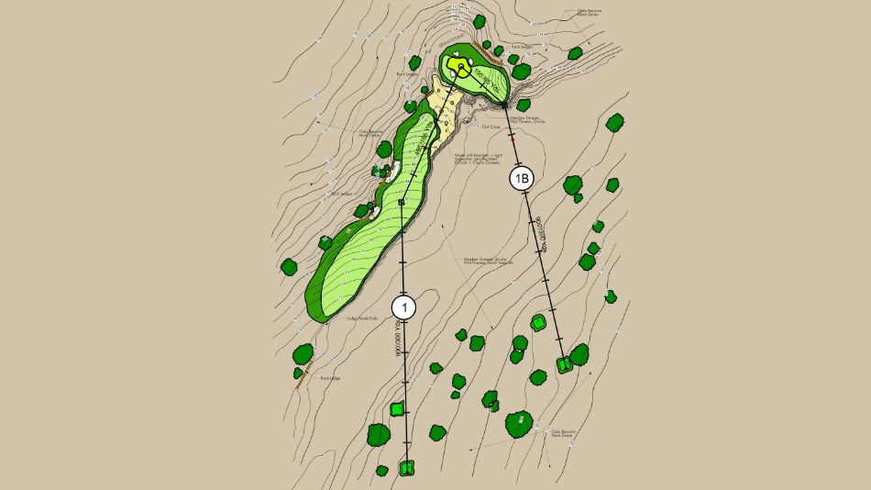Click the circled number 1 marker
coord(404,307)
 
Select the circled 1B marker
coord(521,180)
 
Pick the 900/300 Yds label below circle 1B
coord(542,233)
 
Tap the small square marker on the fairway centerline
coord(402,202)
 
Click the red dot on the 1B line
coord(513,138)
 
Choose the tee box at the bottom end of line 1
coord(407,468)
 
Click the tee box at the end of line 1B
coord(565,365)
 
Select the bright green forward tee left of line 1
coord(397,408)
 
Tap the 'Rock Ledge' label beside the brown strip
coord(329,378)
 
